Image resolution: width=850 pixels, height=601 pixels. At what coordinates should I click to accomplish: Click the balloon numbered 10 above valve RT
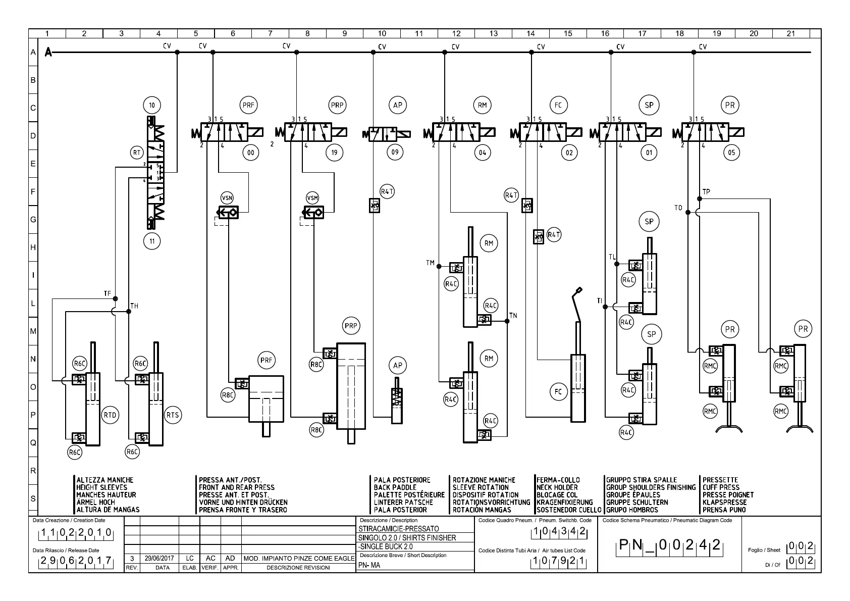pyautogui.click(x=152, y=105)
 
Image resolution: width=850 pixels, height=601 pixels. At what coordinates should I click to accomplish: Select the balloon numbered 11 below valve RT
pyautogui.click(x=152, y=241)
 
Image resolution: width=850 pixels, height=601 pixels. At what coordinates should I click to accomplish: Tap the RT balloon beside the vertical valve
pyautogui.click(x=137, y=153)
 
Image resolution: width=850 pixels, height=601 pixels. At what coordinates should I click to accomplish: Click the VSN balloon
pyautogui.click(x=227, y=198)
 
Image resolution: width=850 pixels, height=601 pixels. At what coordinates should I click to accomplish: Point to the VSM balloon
pyautogui.click(x=312, y=198)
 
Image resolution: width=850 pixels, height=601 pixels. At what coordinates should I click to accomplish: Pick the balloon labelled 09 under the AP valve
pyautogui.click(x=395, y=152)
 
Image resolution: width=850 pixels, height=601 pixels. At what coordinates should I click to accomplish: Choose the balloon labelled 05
pyautogui.click(x=731, y=153)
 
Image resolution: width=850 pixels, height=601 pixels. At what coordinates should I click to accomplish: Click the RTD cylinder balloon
pyautogui.click(x=110, y=415)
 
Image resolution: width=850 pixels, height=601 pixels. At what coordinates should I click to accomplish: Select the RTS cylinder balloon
pyautogui.click(x=173, y=415)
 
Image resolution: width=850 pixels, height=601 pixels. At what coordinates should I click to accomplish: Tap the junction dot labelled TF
pyautogui.click(x=116, y=299)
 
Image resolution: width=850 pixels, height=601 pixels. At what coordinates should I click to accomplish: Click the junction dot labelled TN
pyautogui.click(x=507, y=321)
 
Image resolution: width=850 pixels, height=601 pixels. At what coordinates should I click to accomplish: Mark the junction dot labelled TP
pyautogui.click(x=700, y=198)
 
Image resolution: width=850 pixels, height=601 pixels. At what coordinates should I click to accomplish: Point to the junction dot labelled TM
pyautogui.click(x=439, y=267)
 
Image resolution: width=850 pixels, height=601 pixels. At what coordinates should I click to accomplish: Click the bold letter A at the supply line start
pyautogui.click(x=48, y=52)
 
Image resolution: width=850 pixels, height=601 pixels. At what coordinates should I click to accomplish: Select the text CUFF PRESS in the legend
pyautogui.click(x=721, y=487)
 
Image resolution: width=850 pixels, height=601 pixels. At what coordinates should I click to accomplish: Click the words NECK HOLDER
pyautogui.click(x=557, y=487)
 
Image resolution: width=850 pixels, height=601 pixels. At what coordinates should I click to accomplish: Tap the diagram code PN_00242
pyautogui.click(x=669, y=545)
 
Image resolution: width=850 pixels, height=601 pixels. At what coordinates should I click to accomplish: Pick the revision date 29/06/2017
pyautogui.click(x=159, y=558)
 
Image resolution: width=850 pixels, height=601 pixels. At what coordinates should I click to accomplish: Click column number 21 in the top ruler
pyautogui.click(x=791, y=33)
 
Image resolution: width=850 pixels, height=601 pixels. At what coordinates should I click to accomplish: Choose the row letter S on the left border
pyautogui.click(x=33, y=498)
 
